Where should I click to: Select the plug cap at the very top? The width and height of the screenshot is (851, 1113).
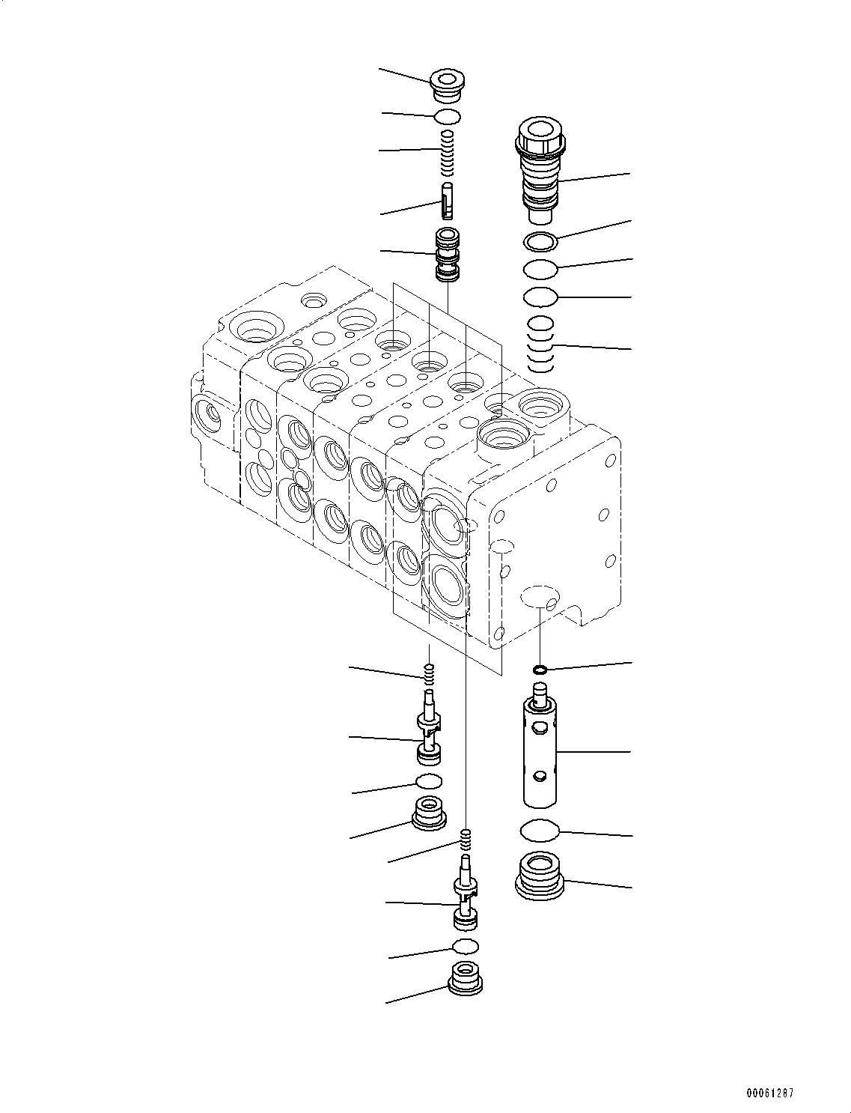pos(448,84)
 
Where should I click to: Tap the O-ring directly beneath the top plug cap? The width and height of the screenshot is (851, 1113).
pos(448,116)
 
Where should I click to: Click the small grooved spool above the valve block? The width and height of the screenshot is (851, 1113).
pos(447,255)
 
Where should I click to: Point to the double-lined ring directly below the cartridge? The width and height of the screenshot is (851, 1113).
pos(540,241)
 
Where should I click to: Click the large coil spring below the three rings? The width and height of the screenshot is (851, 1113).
pos(540,345)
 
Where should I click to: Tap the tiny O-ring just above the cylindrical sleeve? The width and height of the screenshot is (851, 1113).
pos(540,669)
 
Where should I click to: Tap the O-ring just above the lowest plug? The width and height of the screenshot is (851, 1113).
pos(465,945)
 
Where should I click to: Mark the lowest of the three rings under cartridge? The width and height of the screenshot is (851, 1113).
pos(540,297)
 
